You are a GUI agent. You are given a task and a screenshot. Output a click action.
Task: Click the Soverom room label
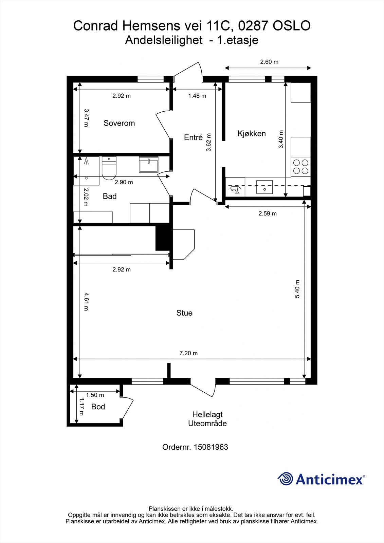(119, 123)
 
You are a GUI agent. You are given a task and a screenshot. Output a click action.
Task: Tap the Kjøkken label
(252, 134)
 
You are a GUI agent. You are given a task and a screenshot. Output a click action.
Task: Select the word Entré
(193, 137)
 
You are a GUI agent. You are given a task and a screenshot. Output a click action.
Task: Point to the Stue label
(184, 313)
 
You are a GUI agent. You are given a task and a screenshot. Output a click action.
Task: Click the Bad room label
(110, 196)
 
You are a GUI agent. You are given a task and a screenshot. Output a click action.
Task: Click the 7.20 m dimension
(188, 353)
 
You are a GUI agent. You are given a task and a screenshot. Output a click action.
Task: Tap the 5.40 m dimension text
(297, 289)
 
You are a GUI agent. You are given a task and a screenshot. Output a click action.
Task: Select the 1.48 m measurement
(197, 96)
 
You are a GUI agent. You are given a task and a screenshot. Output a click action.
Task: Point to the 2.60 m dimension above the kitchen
(269, 62)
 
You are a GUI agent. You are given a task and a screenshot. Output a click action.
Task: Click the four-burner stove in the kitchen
(301, 167)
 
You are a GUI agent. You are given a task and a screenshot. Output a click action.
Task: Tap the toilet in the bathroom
(109, 168)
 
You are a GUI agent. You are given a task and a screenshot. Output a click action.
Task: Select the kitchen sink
(264, 187)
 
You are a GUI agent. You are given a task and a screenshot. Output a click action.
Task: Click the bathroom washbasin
(149, 164)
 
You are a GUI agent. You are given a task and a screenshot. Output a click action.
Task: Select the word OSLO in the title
(292, 26)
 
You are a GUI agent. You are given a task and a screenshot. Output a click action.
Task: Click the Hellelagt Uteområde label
(207, 419)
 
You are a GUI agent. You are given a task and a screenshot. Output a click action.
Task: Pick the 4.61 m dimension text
(86, 302)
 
